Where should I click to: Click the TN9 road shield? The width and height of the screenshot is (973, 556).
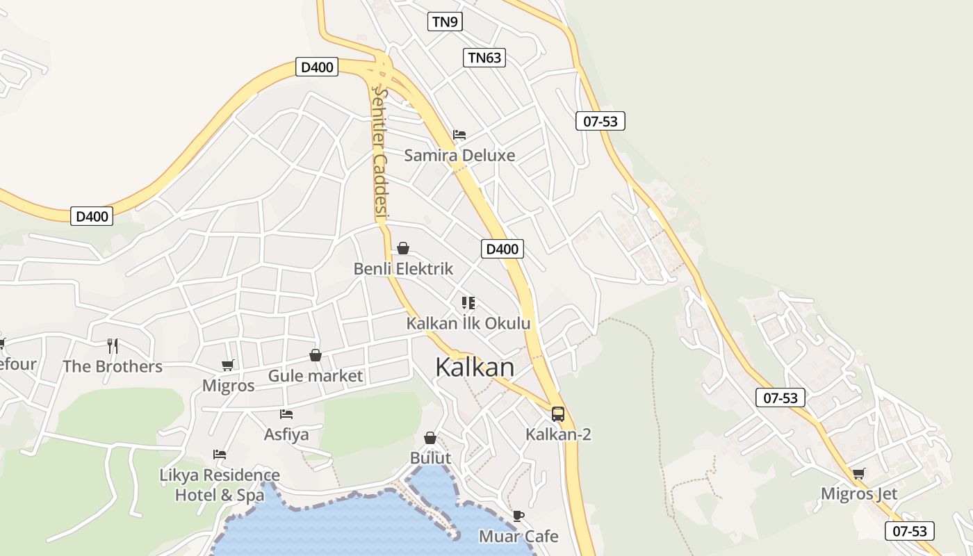(445, 22)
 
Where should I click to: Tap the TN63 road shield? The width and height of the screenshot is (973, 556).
(484, 58)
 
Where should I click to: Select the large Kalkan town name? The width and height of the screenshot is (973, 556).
(475, 368)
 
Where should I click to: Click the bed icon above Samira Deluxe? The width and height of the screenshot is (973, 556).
(459, 134)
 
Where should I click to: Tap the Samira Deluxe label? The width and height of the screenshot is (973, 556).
(459, 155)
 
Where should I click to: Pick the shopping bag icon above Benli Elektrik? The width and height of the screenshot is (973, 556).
(403, 248)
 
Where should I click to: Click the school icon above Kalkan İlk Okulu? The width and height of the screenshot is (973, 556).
(468, 302)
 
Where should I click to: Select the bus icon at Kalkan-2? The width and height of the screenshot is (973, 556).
(558, 414)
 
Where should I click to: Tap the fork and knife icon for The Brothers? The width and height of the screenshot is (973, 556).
(113, 345)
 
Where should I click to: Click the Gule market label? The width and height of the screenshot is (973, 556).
(316, 376)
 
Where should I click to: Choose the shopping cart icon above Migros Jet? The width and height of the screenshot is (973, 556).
(859, 474)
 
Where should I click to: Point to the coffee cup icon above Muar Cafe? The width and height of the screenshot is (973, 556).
(518, 516)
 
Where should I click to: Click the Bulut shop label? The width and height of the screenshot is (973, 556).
(430, 458)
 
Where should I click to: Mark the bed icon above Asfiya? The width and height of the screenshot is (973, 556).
(286, 414)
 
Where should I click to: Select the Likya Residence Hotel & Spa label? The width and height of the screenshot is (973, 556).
(220, 485)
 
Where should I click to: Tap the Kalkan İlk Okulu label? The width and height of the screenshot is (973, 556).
(468, 323)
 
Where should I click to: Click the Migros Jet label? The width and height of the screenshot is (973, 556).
(859, 494)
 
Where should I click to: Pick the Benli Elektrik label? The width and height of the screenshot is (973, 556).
(403, 269)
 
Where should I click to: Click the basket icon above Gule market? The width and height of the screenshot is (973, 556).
(316, 355)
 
